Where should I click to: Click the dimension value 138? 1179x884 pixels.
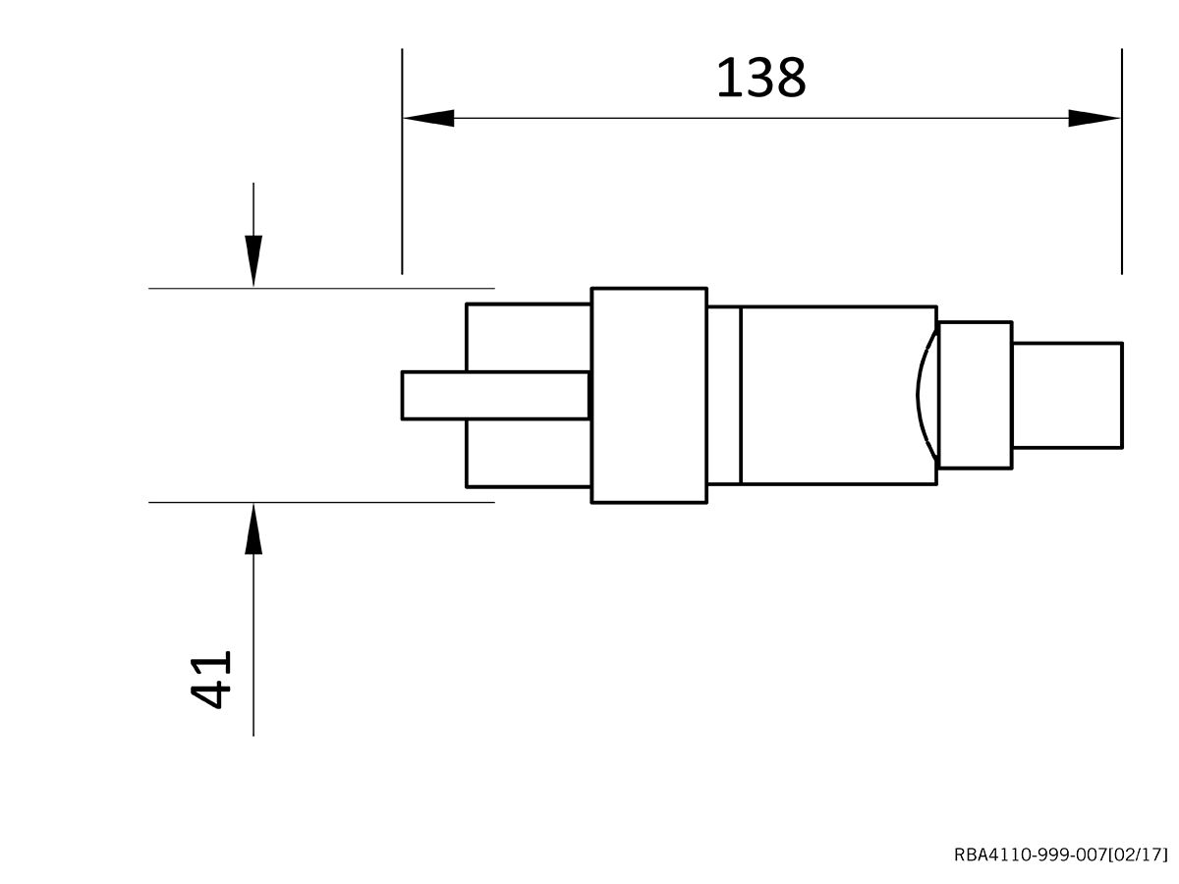click(760, 79)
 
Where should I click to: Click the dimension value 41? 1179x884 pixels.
click(211, 678)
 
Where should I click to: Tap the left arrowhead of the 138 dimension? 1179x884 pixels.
click(429, 118)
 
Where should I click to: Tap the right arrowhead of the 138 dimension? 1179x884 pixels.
click(1094, 118)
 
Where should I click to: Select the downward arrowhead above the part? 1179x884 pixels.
click(253, 260)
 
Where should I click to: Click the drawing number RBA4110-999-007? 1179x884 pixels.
click(1030, 855)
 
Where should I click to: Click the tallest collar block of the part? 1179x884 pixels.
click(648, 395)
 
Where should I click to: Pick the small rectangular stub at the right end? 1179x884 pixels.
click(1067, 395)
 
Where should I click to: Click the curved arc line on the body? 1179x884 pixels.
click(921, 395)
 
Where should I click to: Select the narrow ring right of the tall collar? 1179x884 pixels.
click(723, 395)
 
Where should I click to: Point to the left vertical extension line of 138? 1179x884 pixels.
click(402, 196)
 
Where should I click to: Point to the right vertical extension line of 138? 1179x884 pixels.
click(1121, 196)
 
